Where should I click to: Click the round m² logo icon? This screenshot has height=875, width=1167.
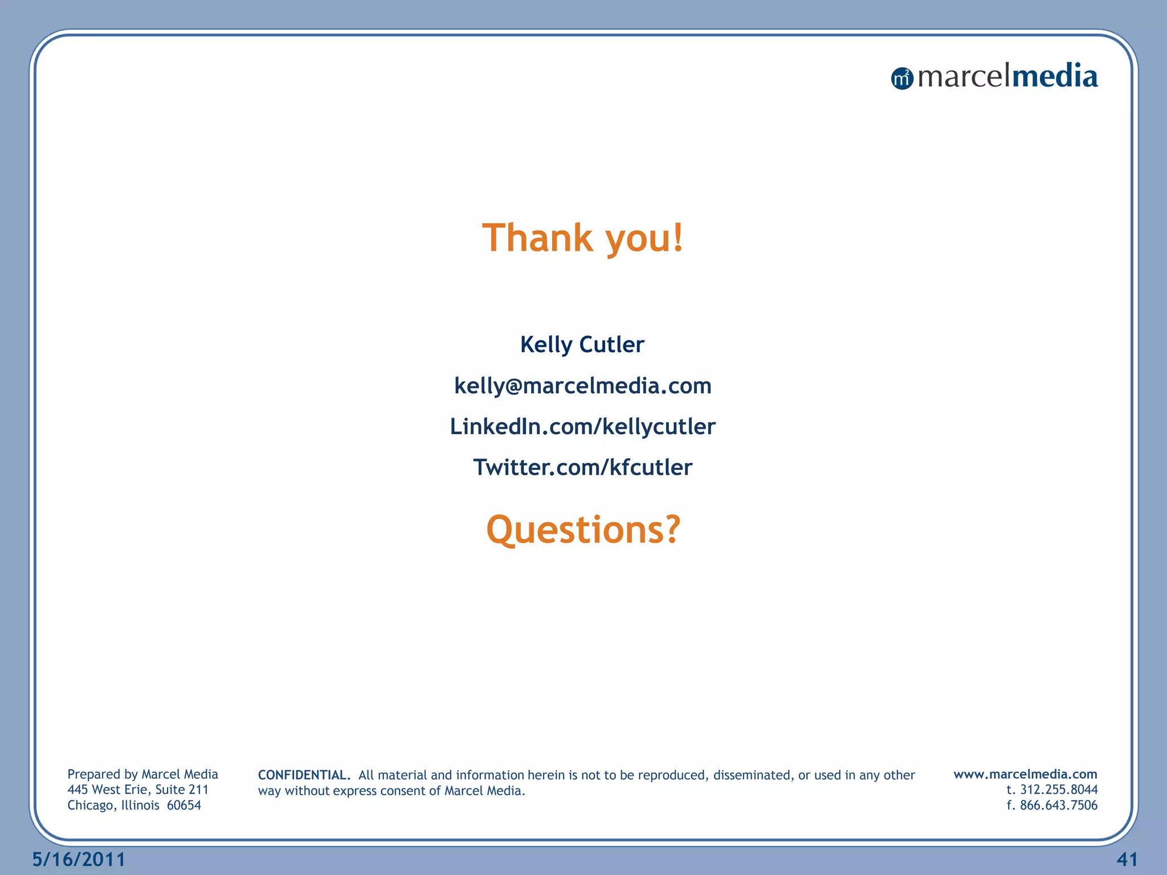coord(902,78)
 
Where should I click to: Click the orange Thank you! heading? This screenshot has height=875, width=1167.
coord(582,238)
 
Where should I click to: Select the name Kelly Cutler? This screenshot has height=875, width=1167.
coord(582,345)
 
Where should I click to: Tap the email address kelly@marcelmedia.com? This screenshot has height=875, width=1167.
coord(582,386)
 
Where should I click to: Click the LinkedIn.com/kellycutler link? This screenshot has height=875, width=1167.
coord(582,427)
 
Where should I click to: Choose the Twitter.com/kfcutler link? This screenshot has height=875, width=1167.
coord(582,468)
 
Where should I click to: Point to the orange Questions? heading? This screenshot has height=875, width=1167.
coord(583,530)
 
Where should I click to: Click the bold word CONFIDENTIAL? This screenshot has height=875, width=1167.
coord(304,775)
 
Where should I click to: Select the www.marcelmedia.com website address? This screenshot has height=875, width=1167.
coord(1025,774)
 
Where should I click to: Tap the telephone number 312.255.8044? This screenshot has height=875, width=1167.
coord(1058,790)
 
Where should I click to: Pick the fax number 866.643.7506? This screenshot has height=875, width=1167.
coord(1058,805)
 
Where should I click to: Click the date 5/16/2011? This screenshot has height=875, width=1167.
coord(79,859)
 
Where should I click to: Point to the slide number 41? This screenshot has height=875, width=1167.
coord(1127,859)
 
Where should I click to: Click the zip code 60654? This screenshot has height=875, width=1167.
coord(183,805)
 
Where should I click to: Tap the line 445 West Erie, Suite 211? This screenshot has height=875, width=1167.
coord(138,790)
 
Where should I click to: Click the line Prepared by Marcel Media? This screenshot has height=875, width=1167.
coord(142,774)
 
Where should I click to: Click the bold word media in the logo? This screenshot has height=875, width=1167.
coord(1055,76)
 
